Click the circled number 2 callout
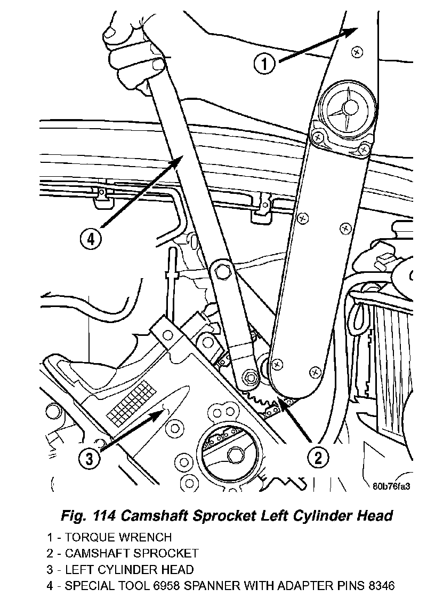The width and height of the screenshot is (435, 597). [x=318, y=457]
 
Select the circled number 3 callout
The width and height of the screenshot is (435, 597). [x=90, y=457]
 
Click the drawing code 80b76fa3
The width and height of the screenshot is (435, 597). [x=394, y=486]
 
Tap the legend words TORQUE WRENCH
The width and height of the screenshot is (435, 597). [x=118, y=537]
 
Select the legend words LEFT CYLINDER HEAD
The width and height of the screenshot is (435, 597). [x=130, y=570]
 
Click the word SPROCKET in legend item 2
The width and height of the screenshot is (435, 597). [x=168, y=553]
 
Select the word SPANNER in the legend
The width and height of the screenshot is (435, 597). [x=238, y=586]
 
